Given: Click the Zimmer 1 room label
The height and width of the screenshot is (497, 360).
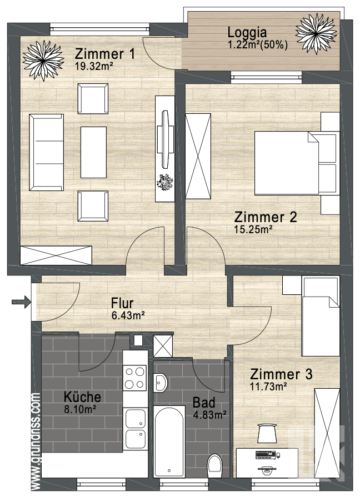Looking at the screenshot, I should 105,54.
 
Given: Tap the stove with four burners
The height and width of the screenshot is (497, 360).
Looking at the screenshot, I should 135,378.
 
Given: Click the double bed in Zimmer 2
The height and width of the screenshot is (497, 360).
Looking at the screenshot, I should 294,163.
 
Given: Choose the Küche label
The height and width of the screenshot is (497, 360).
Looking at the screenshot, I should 82,397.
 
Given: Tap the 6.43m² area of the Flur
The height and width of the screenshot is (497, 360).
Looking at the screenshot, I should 128,315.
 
